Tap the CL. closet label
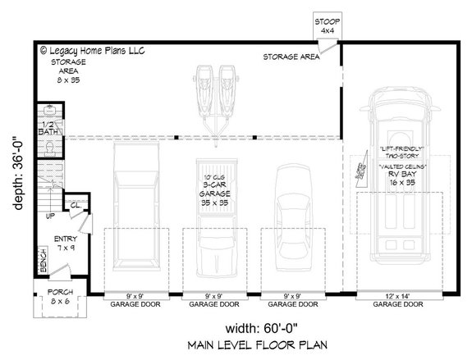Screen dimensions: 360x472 pos(75,206)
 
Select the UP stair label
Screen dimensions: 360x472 pos(50,216)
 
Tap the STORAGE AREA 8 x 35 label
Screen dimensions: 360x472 pos(67,71)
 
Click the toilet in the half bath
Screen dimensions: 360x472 pos(49,147)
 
